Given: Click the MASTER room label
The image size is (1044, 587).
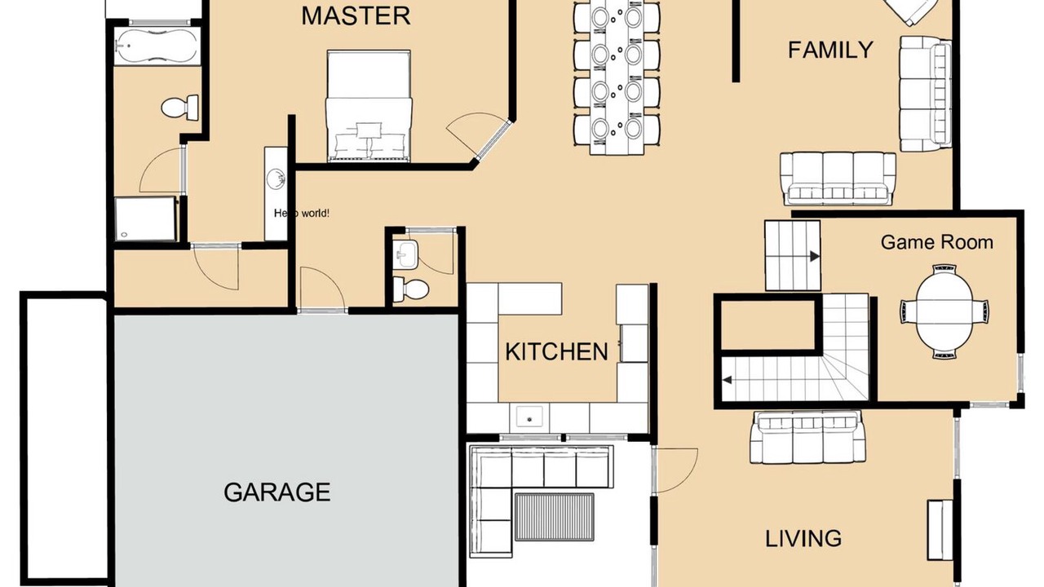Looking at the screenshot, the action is click(x=356, y=15).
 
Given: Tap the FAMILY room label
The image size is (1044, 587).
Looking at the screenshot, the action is click(x=830, y=50).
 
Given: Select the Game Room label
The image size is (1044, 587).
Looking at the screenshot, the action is click(x=937, y=242).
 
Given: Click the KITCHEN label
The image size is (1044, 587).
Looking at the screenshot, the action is click(x=556, y=351).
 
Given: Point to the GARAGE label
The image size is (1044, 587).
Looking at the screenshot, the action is click(x=277, y=492).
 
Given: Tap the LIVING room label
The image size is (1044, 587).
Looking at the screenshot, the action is click(x=803, y=539).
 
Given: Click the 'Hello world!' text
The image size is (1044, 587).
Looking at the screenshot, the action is click(x=302, y=214).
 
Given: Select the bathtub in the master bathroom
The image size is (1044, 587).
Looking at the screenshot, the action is click(x=157, y=46).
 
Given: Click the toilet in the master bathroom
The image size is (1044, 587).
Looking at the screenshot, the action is click(x=180, y=107).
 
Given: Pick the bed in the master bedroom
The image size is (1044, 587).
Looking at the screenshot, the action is click(x=369, y=106).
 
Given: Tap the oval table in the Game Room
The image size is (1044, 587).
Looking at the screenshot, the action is click(x=944, y=311).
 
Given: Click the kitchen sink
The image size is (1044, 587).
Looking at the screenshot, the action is click(x=529, y=417).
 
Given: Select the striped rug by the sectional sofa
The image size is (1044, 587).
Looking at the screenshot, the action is click(x=554, y=517).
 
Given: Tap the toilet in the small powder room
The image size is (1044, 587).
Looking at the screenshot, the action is click(x=410, y=289).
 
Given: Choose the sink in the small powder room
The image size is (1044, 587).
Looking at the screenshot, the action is click(x=405, y=255).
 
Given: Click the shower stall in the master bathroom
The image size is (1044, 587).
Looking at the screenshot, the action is click(x=146, y=218).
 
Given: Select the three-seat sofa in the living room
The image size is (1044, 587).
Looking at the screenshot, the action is click(x=807, y=438).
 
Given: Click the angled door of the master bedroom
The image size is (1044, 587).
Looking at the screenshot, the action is click(x=493, y=140).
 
